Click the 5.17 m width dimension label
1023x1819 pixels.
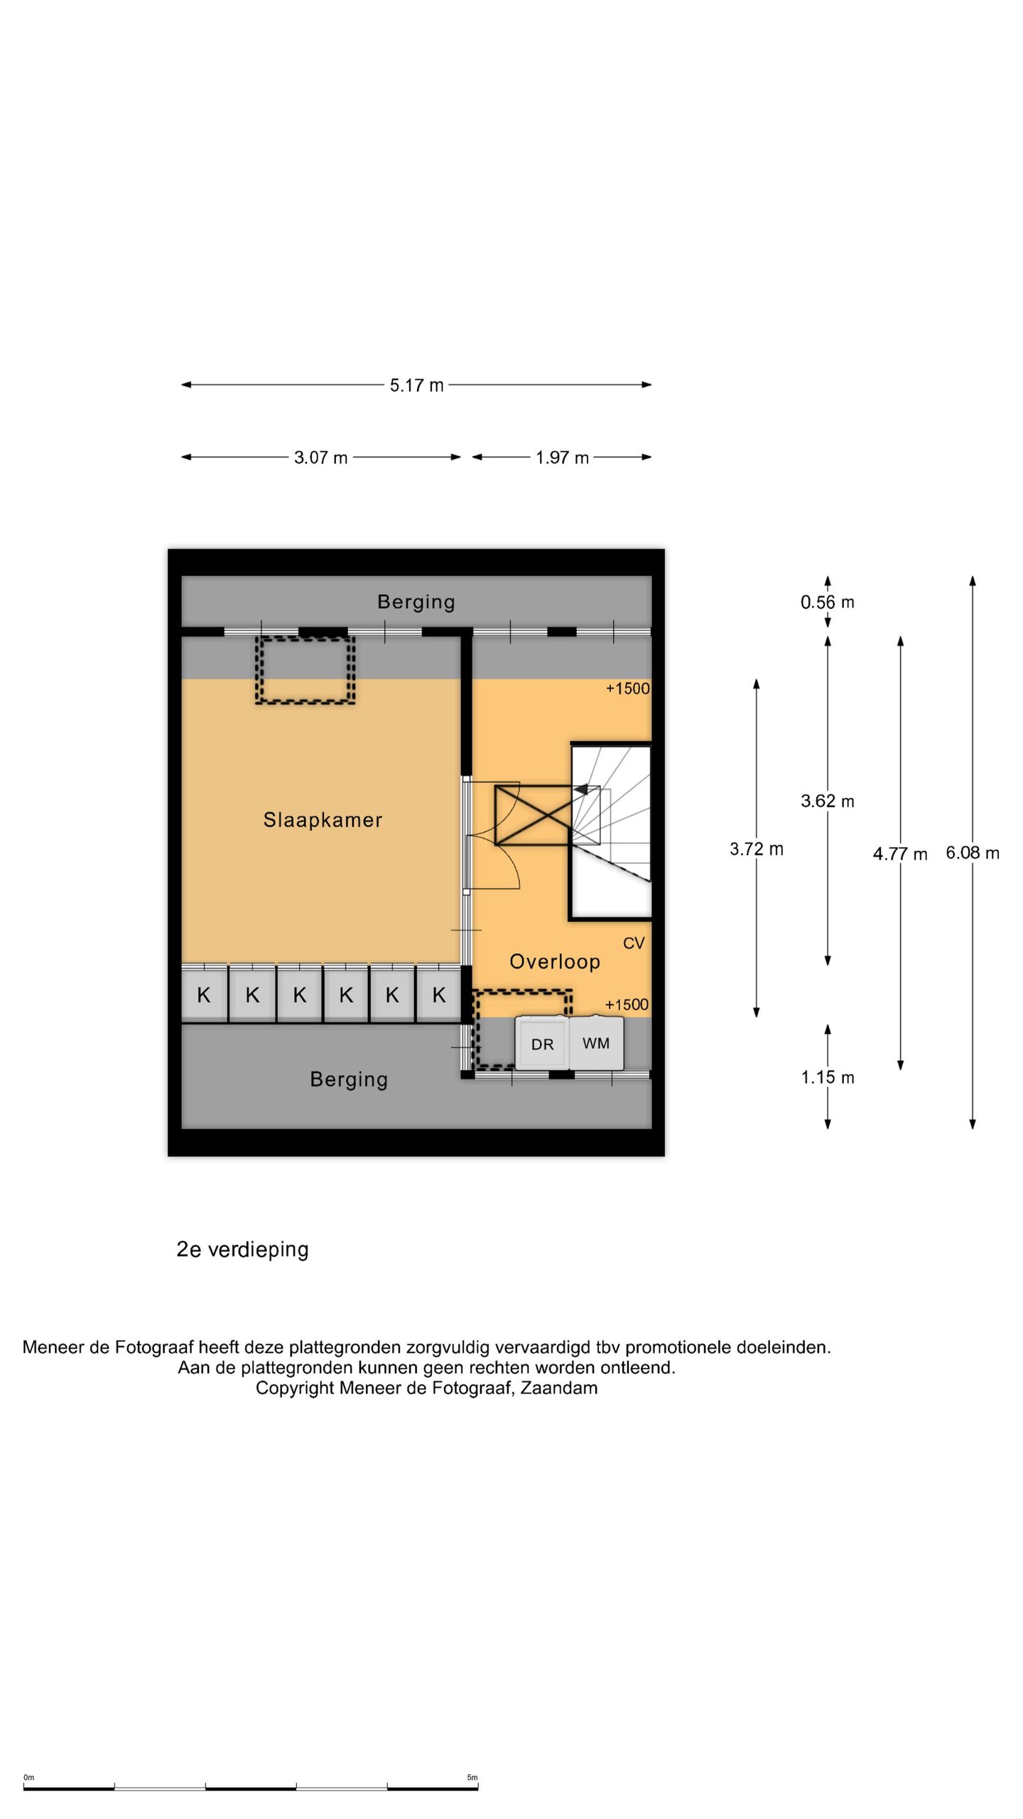pos(416,385)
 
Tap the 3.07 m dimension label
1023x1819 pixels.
pos(321,458)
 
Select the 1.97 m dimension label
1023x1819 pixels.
pos(562,458)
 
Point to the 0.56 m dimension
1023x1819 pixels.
pos(827,603)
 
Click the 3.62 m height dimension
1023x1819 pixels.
pos(827,801)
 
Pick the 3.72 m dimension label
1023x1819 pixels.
pos(756,849)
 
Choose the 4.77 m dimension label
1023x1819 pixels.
pos(899,854)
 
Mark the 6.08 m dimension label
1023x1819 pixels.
pos(972,853)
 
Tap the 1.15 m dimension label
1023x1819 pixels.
pos(827,1077)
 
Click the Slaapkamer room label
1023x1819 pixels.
pos(323,820)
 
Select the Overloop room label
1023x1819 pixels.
pos(555,961)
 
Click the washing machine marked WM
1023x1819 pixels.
pos(596,1043)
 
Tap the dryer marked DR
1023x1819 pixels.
pos(542,1044)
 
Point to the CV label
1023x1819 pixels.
pos(634,943)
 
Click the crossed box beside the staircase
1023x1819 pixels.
pos(533,815)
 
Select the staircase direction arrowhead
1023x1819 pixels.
pos(580,789)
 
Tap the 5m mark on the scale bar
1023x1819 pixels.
pos(472,1778)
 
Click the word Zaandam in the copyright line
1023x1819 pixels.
pos(559,1388)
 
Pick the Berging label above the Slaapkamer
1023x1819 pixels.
pos(416,602)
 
